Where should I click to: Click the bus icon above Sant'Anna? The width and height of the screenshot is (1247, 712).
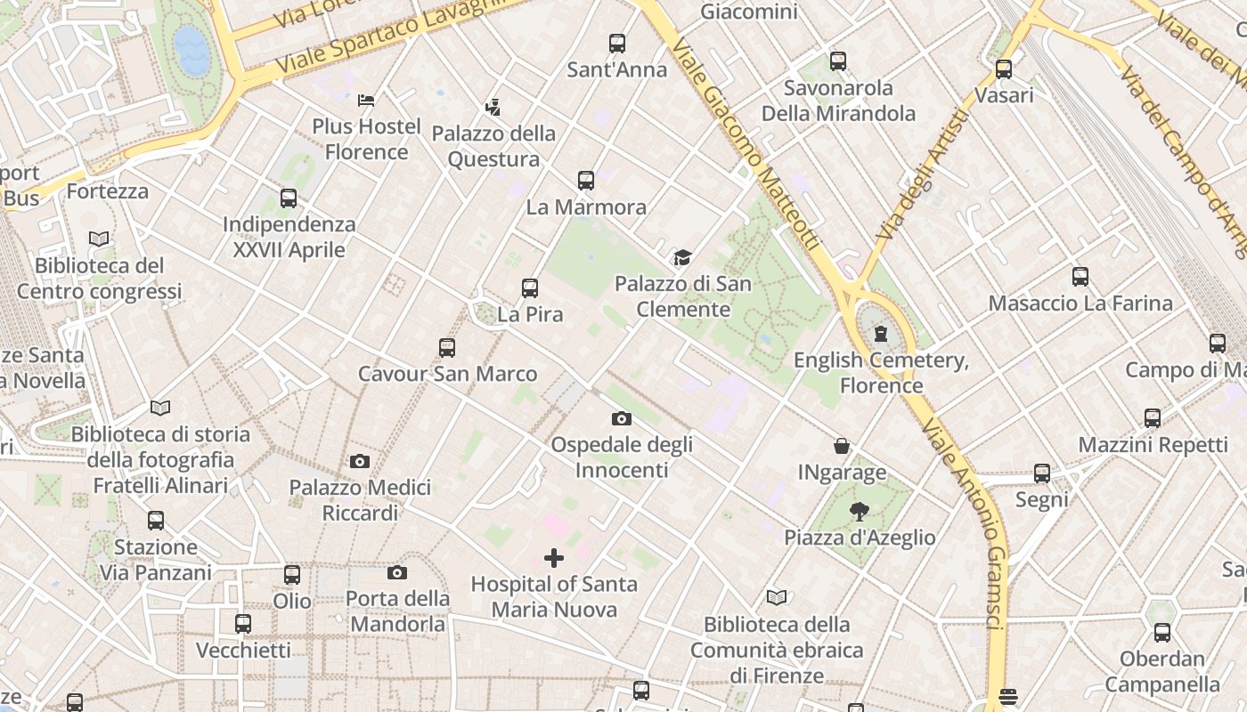point(616,43)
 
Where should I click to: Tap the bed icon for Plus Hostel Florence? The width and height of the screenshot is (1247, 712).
point(366,100)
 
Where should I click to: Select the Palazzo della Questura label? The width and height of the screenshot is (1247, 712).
point(493,146)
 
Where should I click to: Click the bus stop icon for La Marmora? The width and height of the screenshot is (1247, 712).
point(585,181)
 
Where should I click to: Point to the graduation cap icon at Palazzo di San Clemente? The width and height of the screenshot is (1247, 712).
point(681,258)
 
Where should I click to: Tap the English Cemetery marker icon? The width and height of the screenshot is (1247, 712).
point(881,334)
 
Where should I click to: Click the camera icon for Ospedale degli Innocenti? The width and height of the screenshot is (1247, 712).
point(621,418)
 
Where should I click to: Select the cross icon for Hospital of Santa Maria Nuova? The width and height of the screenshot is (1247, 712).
point(554,558)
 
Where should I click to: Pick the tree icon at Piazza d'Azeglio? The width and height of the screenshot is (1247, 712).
point(859,511)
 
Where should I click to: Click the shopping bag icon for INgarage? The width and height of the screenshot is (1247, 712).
point(841,446)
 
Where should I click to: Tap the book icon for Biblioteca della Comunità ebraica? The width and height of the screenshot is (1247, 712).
point(777,598)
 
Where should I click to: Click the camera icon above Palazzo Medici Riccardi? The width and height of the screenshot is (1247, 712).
point(360,461)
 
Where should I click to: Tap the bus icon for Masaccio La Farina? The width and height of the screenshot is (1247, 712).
point(1080,277)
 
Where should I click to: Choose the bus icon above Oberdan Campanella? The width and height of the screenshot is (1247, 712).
point(1162,633)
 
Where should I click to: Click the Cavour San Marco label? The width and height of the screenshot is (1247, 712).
point(447,374)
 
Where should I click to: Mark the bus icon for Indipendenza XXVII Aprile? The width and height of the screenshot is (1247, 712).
point(289,198)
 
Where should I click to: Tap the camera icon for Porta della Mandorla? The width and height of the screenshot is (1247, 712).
point(397,572)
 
